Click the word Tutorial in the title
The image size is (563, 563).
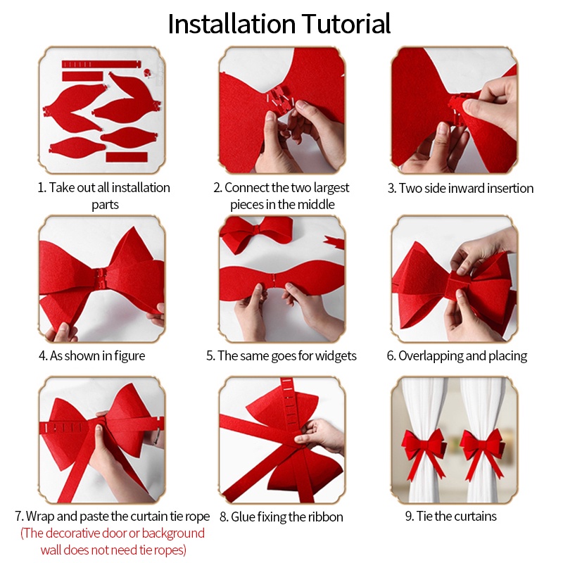pos(346,24)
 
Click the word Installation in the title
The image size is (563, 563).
pos(232,24)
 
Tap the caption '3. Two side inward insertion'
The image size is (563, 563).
pos(460,188)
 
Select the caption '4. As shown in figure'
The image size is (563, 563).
pos(92,356)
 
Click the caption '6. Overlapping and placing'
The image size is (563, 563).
pos(457,356)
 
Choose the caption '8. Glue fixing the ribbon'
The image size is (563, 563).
pos(281,517)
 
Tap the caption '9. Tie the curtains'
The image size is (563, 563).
pos(450,517)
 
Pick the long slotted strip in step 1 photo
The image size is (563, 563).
pos(101,64)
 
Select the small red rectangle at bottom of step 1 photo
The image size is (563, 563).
pos(127,157)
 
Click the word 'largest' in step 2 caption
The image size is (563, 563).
pos(331,188)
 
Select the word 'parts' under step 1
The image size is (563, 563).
pos(105,205)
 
